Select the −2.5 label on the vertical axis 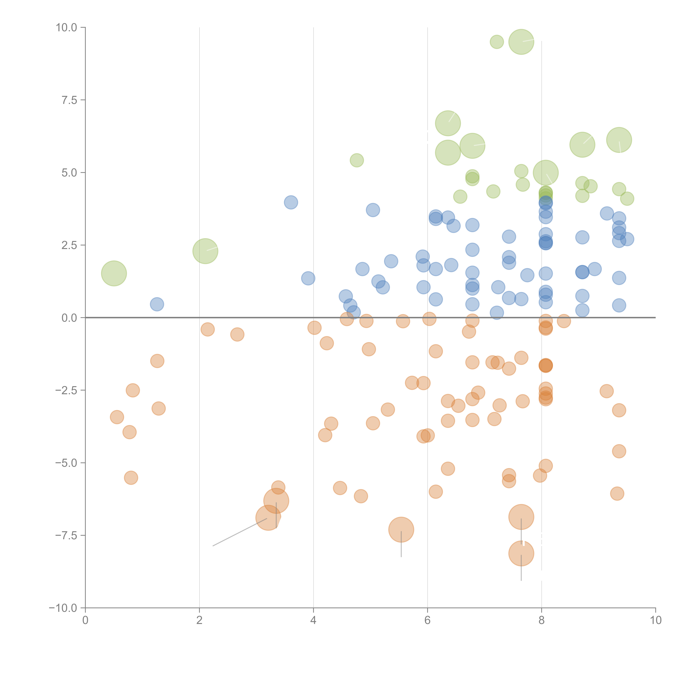66,390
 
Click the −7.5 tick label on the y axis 66,536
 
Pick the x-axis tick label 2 199,620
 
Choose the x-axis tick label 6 427,620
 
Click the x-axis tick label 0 85,620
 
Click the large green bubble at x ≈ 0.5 114,273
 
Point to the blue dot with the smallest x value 157,304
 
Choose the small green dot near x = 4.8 357,160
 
